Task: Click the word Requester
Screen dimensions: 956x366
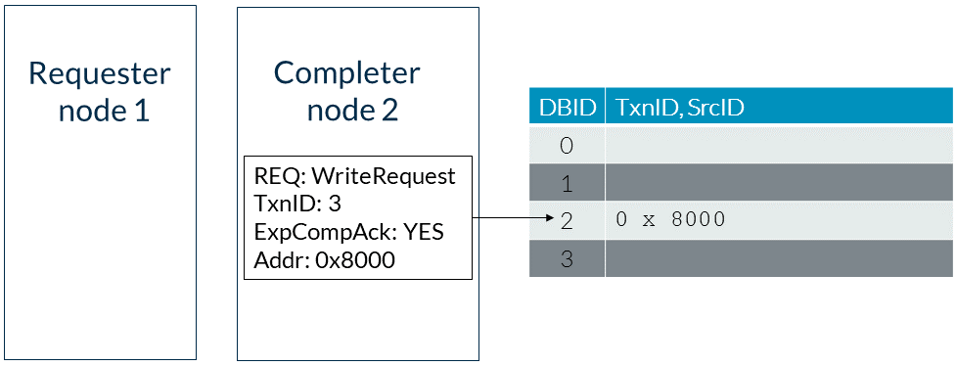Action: (x=100, y=74)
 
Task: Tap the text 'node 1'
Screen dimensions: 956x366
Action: (x=104, y=111)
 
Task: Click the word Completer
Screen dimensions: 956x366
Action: (x=347, y=73)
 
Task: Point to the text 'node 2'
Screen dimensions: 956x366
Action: (x=352, y=110)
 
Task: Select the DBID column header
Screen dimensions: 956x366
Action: (x=567, y=108)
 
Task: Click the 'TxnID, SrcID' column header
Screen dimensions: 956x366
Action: (x=680, y=108)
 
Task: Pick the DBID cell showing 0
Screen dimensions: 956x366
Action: (x=567, y=145)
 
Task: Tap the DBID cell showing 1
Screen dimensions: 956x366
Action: (x=567, y=183)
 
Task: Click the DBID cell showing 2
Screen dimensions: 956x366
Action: (x=567, y=220)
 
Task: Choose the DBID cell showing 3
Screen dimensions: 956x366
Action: (x=567, y=258)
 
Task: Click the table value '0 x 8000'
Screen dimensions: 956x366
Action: (x=670, y=220)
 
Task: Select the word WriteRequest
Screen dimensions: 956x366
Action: (x=384, y=176)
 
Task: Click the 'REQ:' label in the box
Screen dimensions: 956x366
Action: (x=280, y=177)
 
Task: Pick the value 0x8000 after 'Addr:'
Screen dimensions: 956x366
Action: (x=355, y=260)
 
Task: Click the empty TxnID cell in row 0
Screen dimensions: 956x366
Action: (x=779, y=145)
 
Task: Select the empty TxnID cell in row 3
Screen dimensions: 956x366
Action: (x=779, y=258)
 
